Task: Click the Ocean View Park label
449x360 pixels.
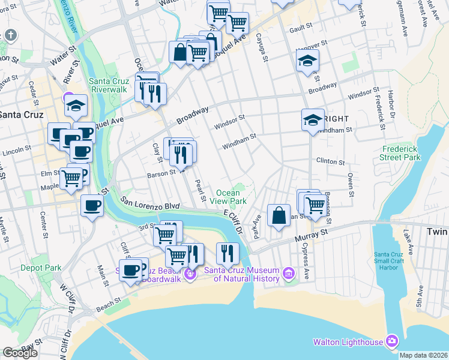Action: (231, 197)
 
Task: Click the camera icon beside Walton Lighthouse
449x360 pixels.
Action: (392, 341)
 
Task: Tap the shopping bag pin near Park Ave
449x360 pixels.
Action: (279, 215)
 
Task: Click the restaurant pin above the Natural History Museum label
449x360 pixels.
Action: (227, 253)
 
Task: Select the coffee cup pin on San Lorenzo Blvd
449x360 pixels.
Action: (92, 206)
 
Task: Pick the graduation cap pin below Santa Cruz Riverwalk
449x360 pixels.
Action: (76, 106)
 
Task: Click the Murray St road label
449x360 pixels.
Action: (318, 231)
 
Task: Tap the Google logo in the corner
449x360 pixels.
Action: (20, 352)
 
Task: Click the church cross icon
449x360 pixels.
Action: (11, 35)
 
